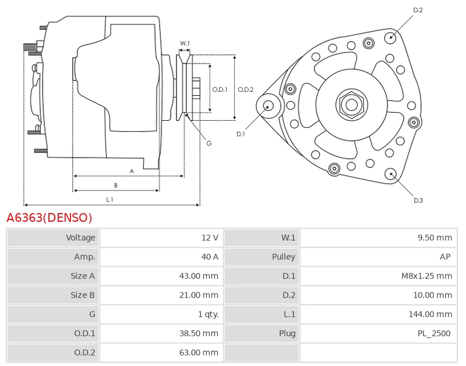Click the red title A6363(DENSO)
(49, 218)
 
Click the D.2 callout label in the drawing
(418, 10)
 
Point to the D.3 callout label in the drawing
(418, 200)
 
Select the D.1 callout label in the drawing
(241, 134)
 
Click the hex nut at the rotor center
(351, 105)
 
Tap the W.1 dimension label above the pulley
(185, 43)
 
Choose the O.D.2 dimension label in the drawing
(246, 89)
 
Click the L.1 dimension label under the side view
(110, 200)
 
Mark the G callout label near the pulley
(209, 143)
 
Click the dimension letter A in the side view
(132, 171)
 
